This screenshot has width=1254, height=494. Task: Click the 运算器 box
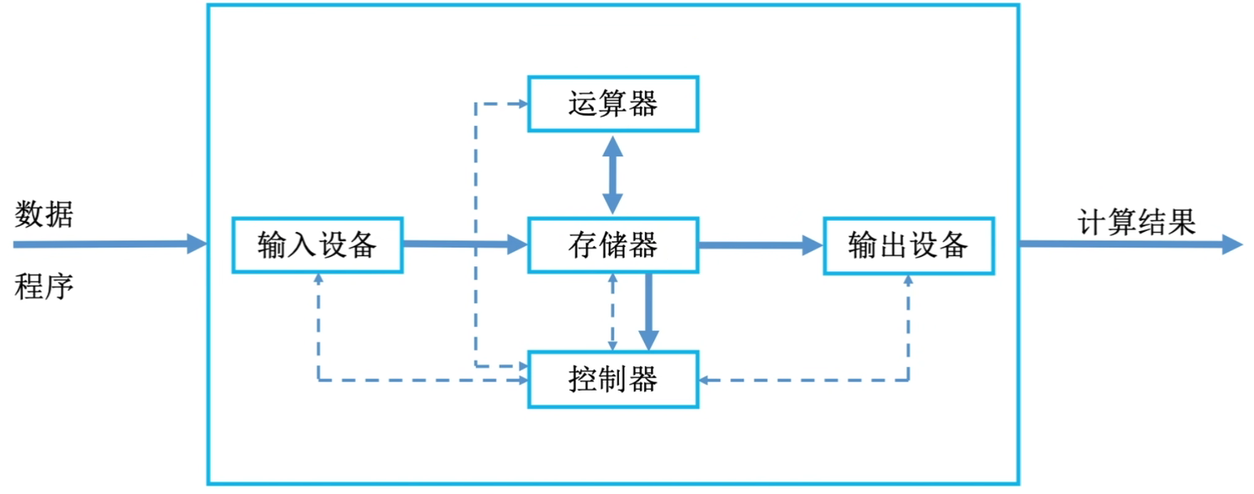[x=612, y=104]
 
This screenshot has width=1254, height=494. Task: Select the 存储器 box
[x=612, y=245]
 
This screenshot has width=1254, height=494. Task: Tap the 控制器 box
[x=612, y=380]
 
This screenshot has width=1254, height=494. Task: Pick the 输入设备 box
[x=317, y=245]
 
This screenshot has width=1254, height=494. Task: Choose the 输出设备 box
[x=908, y=245]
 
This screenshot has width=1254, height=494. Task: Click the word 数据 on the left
[x=44, y=215]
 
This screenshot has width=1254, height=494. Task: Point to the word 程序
[x=44, y=288]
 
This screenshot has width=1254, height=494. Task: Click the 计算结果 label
[x=1136, y=223]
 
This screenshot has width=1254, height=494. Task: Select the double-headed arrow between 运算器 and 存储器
[x=612, y=175]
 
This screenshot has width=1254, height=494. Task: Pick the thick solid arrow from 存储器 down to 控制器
[x=648, y=311]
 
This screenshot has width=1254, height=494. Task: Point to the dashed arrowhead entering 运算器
[x=521, y=104]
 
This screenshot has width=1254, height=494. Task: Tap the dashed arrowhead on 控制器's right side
[x=705, y=381]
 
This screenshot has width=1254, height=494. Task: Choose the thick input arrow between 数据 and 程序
[x=109, y=244]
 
